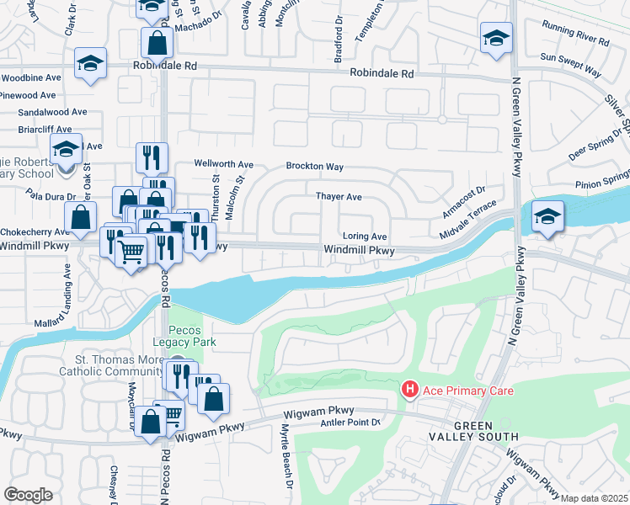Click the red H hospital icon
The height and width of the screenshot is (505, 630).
tap(409, 389)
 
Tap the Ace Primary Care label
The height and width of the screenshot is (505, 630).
tap(467, 391)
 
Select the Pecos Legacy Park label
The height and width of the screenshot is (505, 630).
tap(192, 336)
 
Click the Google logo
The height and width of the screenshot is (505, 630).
tap(28, 495)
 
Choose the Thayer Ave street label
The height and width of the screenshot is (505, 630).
tap(339, 197)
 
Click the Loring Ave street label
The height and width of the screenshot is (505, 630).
tap(364, 237)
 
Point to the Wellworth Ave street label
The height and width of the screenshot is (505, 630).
tap(223, 164)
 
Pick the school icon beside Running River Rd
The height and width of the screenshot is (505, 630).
tap(496, 38)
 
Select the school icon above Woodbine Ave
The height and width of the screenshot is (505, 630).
tap(90, 64)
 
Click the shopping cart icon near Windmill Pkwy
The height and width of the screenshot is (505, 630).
tap(130, 249)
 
